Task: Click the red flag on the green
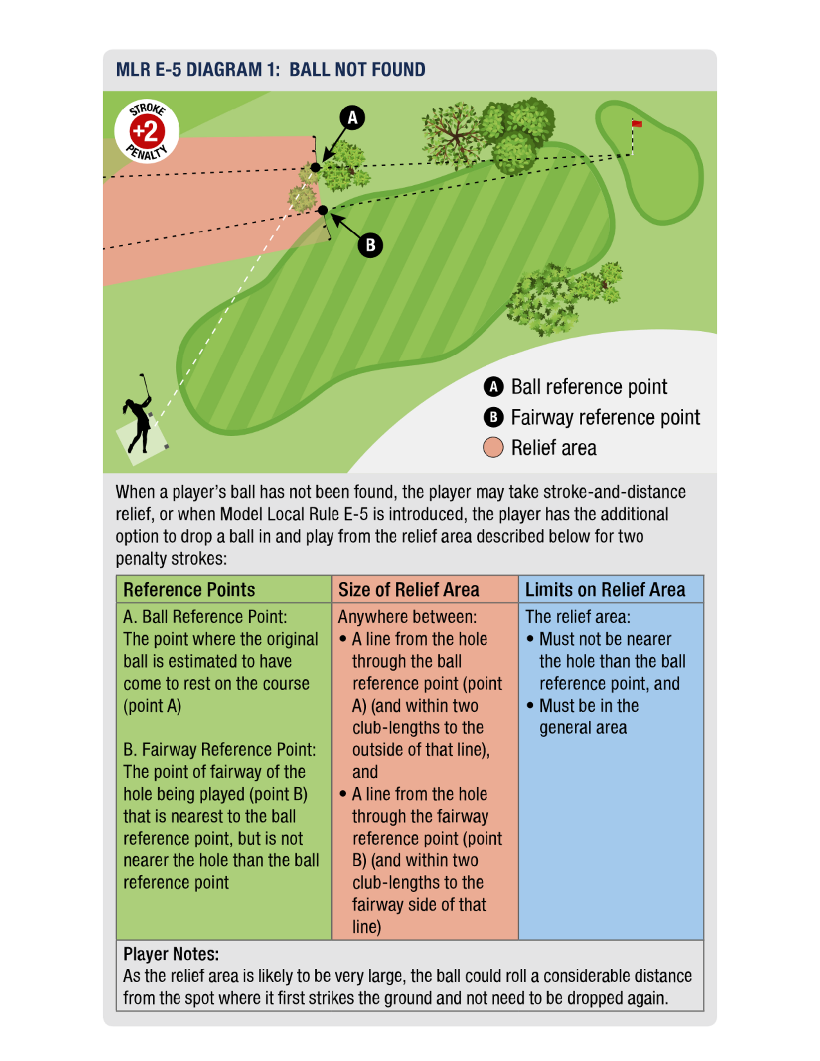[636, 124]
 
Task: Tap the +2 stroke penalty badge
[147, 131]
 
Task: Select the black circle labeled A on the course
[352, 118]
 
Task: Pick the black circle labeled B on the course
[370, 245]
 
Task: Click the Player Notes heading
[171, 954]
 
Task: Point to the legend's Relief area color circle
[493, 447]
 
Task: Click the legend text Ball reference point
[589, 387]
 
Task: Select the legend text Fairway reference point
[605, 417]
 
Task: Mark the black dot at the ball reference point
[316, 168]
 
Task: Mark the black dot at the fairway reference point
[323, 210]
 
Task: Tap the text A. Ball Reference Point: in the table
[205, 617]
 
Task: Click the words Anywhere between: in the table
[407, 617]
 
